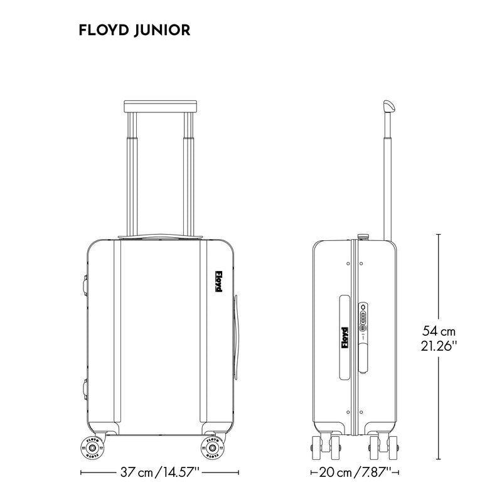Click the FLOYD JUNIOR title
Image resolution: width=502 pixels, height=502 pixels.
coord(134,30)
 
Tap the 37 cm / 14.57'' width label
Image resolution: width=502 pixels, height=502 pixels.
coord(160,472)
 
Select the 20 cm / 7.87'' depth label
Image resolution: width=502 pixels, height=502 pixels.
coord(355,472)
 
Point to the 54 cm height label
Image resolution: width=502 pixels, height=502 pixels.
coord(439,331)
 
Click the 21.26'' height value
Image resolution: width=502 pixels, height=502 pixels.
coord(439,345)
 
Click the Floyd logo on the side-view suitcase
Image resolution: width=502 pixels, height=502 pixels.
coord(344,338)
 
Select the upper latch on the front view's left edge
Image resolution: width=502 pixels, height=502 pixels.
coord(83,284)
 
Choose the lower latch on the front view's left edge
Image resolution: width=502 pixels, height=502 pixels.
coord(83,387)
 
